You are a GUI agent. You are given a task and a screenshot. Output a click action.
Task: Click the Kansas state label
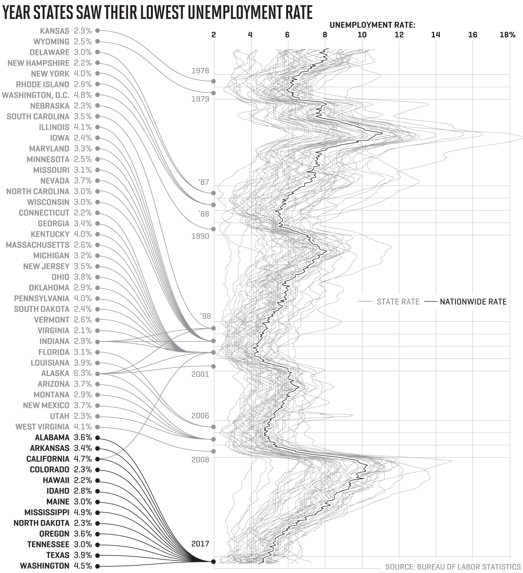pyautogui.click(x=55, y=31)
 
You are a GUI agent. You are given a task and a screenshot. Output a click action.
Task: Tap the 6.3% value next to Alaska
pyautogui.click(x=83, y=373)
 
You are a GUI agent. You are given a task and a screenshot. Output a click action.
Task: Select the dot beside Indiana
pyautogui.click(x=98, y=341)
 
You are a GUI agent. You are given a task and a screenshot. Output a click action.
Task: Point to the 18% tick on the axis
pyautogui.click(x=507, y=35)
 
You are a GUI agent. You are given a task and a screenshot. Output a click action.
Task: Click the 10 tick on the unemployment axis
pyautogui.click(x=362, y=35)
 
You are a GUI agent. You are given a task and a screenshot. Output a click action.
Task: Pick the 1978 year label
pyautogui.click(x=200, y=71)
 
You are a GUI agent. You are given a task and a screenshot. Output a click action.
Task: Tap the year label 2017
pyautogui.click(x=200, y=543)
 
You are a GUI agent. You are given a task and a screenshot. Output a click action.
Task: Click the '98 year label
pyautogui.click(x=205, y=316)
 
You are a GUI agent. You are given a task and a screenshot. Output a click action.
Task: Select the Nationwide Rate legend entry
pyautogui.click(x=473, y=301)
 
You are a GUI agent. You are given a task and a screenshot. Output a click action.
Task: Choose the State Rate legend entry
pyautogui.click(x=397, y=301)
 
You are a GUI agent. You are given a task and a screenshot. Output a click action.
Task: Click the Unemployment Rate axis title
pyautogui.click(x=372, y=25)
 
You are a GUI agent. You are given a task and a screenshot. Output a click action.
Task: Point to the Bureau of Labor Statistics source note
pyautogui.click(x=453, y=567)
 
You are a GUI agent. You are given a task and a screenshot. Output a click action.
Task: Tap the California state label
pyautogui.click(x=48, y=459)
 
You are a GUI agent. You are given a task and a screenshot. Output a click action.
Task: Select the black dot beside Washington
pyautogui.click(x=98, y=566)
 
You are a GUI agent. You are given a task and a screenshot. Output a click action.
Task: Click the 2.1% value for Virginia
pyautogui.click(x=83, y=331)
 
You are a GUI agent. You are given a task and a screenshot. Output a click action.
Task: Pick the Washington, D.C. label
pyautogui.click(x=35, y=95)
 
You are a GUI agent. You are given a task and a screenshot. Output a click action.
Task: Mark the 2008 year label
pyautogui.click(x=200, y=459)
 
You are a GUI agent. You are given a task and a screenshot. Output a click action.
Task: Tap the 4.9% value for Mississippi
pyautogui.click(x=83, y=512)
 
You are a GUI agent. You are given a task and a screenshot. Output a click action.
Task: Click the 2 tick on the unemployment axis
pyautogui.click(x=214, y=35)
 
